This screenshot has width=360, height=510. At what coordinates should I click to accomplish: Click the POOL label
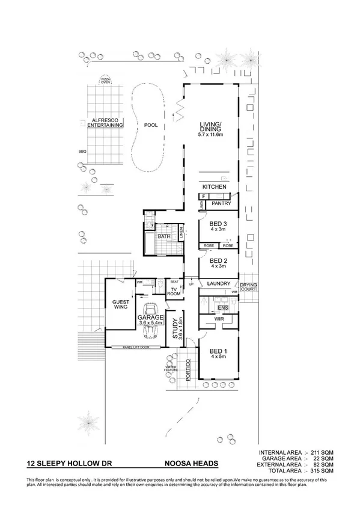[x=150, y=125]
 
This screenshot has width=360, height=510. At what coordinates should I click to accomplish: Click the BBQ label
[x=82, y=152]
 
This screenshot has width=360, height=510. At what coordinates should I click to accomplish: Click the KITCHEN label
[x=215, y=187]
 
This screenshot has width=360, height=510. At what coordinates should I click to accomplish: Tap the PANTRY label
[x=222, y=204]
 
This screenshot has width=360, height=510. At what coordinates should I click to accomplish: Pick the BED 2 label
[x=218, y=261]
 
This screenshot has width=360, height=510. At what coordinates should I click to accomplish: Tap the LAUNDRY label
[x=219, y=283]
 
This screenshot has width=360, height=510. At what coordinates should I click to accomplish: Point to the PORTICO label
[x=188, y=367]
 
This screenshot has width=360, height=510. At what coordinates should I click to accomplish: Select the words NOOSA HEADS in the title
[x=191, y=464]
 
